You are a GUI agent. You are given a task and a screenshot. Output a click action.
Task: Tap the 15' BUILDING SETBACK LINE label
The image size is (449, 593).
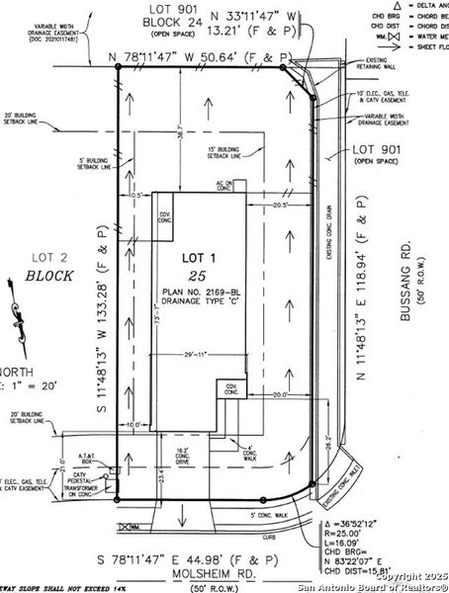tap(226, 152)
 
